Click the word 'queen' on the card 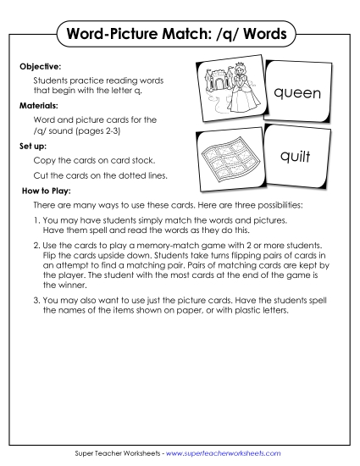pos(296,93)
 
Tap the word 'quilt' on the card pos(296,156)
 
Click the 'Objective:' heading pos(40,64)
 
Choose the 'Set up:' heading pos(34,146)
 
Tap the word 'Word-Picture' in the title pos(117,36)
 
